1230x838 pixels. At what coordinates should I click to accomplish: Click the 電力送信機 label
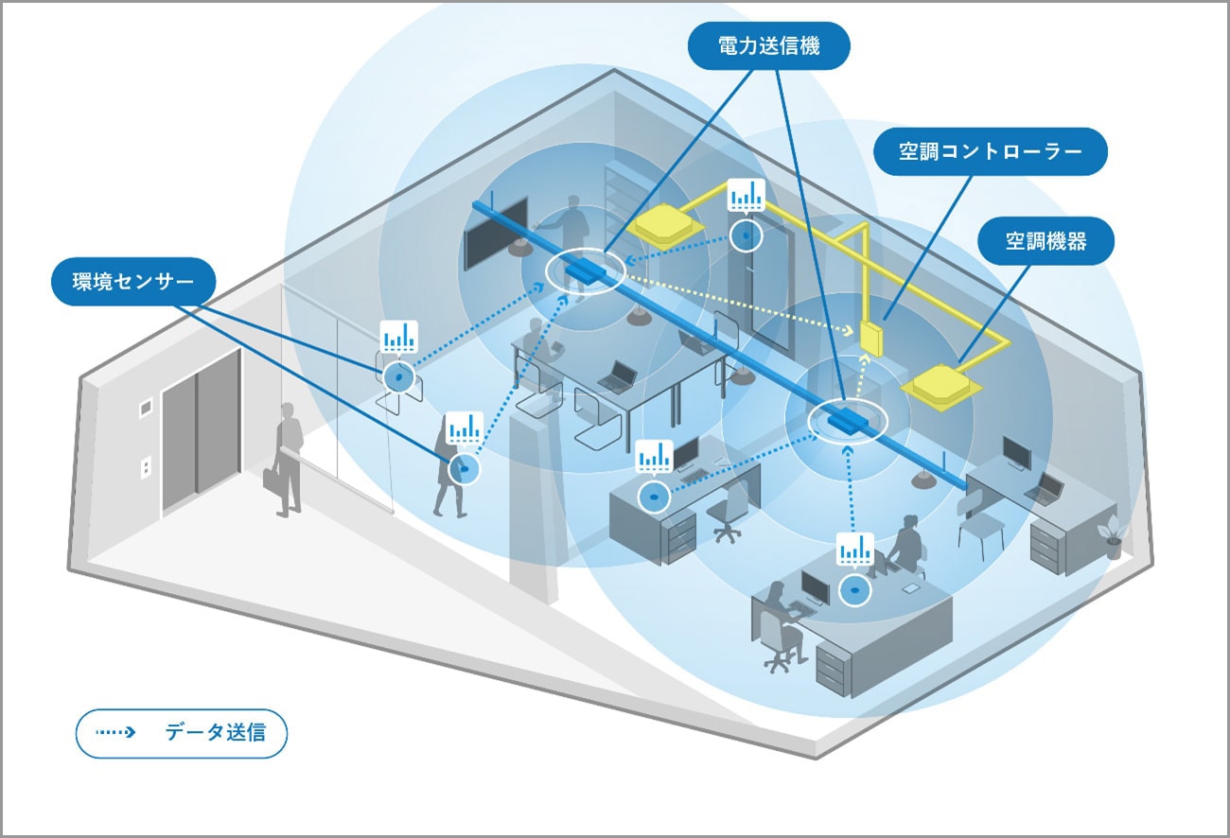coord(768,45)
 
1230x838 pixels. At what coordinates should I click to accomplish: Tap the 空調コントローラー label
coord(990,151)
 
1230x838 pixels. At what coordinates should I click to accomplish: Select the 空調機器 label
coord(1046,241)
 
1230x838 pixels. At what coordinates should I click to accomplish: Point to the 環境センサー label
coord(133,282)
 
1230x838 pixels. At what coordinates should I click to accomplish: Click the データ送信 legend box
coord(182,733)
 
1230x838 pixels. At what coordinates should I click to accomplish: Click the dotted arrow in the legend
coord(115,732)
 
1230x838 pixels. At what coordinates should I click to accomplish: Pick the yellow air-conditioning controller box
coord(870,338)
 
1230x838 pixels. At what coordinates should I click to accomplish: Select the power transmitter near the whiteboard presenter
coord(586,271)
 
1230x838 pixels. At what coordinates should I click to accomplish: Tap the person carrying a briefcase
coord(286,461)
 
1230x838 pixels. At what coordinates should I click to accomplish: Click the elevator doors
coord(201,432)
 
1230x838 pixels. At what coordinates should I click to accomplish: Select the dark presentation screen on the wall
coord(496,234)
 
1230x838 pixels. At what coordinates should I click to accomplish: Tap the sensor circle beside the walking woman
coord(463,469)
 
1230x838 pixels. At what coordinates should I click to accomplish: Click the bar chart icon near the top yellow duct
coord(746,195)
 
